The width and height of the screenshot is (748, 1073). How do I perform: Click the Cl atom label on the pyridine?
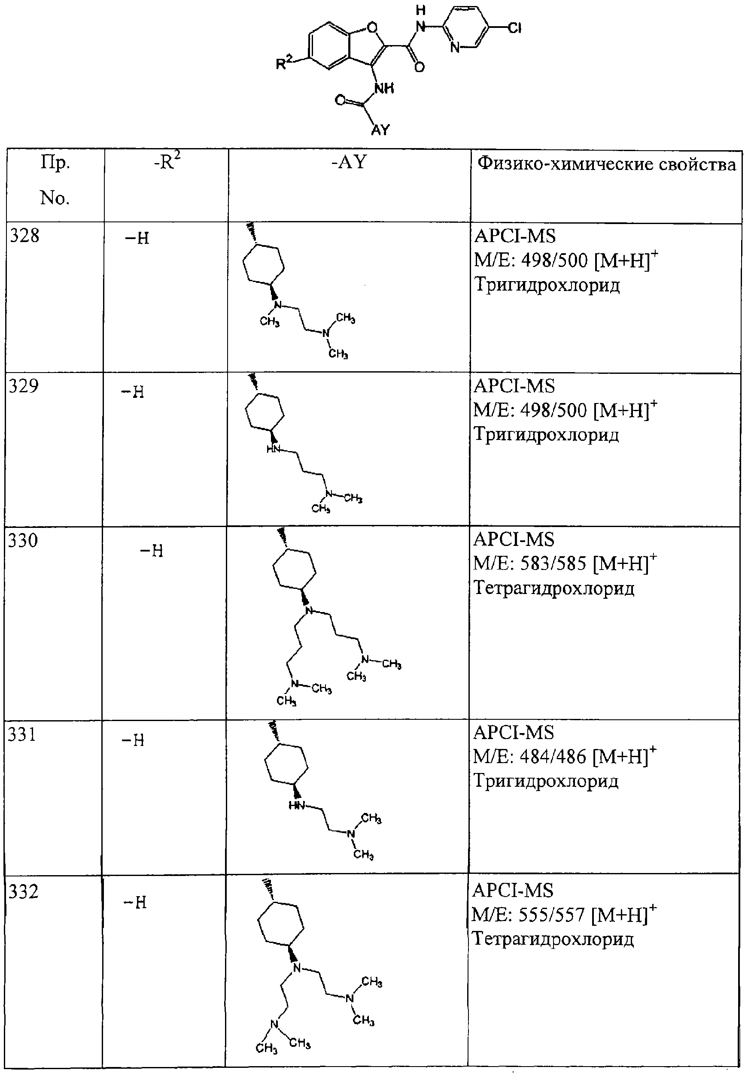(514, 28)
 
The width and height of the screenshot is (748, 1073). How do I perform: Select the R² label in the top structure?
(283, 62)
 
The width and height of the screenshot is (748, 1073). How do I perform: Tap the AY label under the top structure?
(380, 130)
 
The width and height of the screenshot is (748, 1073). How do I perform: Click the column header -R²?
(167, 163)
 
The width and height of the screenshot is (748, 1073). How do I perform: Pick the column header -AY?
(349, 163)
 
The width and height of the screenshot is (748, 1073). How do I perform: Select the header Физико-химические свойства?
(606, 164)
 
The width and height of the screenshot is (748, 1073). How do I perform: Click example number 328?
(24, 236)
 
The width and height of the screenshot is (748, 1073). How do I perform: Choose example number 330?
(23, 540)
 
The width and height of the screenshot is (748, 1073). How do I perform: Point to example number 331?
(22, 735)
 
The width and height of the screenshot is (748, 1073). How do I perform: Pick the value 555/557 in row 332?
(552, 915)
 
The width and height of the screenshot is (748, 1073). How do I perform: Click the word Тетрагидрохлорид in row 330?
(554, 588)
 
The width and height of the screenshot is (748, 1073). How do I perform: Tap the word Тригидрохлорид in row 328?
(547, 285)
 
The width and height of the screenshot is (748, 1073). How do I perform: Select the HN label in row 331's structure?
(297, 805)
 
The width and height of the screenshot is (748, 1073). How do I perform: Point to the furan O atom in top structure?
(372, 27)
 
